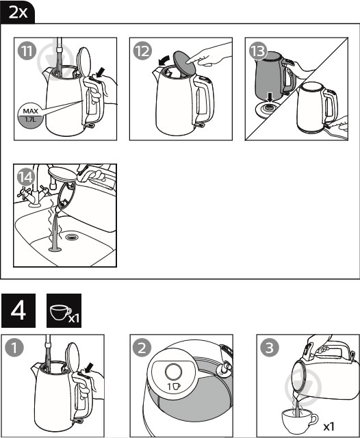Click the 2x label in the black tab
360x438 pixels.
click(x=18, y=12)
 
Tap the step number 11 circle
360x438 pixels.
click(x=27, y=51)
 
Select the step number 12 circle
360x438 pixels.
click(x=142, y=51)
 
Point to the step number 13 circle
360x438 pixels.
click(x=258, y=51)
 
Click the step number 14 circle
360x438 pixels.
click(x=26, y=177)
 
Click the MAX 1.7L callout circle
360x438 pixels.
click(x=31, y=116)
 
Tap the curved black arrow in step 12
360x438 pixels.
click(x=164, y=60)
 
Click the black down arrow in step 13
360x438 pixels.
click(x=270, y=98)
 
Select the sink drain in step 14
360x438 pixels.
click(x=73, y=237)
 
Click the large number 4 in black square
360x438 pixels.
click(x=18, y=311)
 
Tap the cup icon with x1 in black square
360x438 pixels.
click(x=64, y=311)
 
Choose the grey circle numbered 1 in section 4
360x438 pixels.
click(x=14, y=348)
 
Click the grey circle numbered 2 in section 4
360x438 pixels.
click(x=142, y=348)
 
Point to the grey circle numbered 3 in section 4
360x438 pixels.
click(x=270, y=348)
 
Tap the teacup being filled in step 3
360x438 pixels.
click(x=299, y=421)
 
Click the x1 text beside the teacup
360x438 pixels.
click(x=329, y=426)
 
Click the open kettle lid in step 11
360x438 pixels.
click(x=83, y=62)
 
